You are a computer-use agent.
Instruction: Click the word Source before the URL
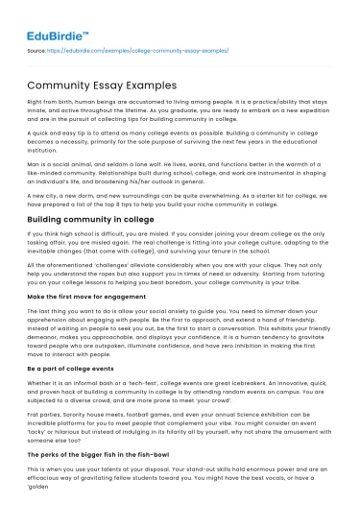pos(36,50)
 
